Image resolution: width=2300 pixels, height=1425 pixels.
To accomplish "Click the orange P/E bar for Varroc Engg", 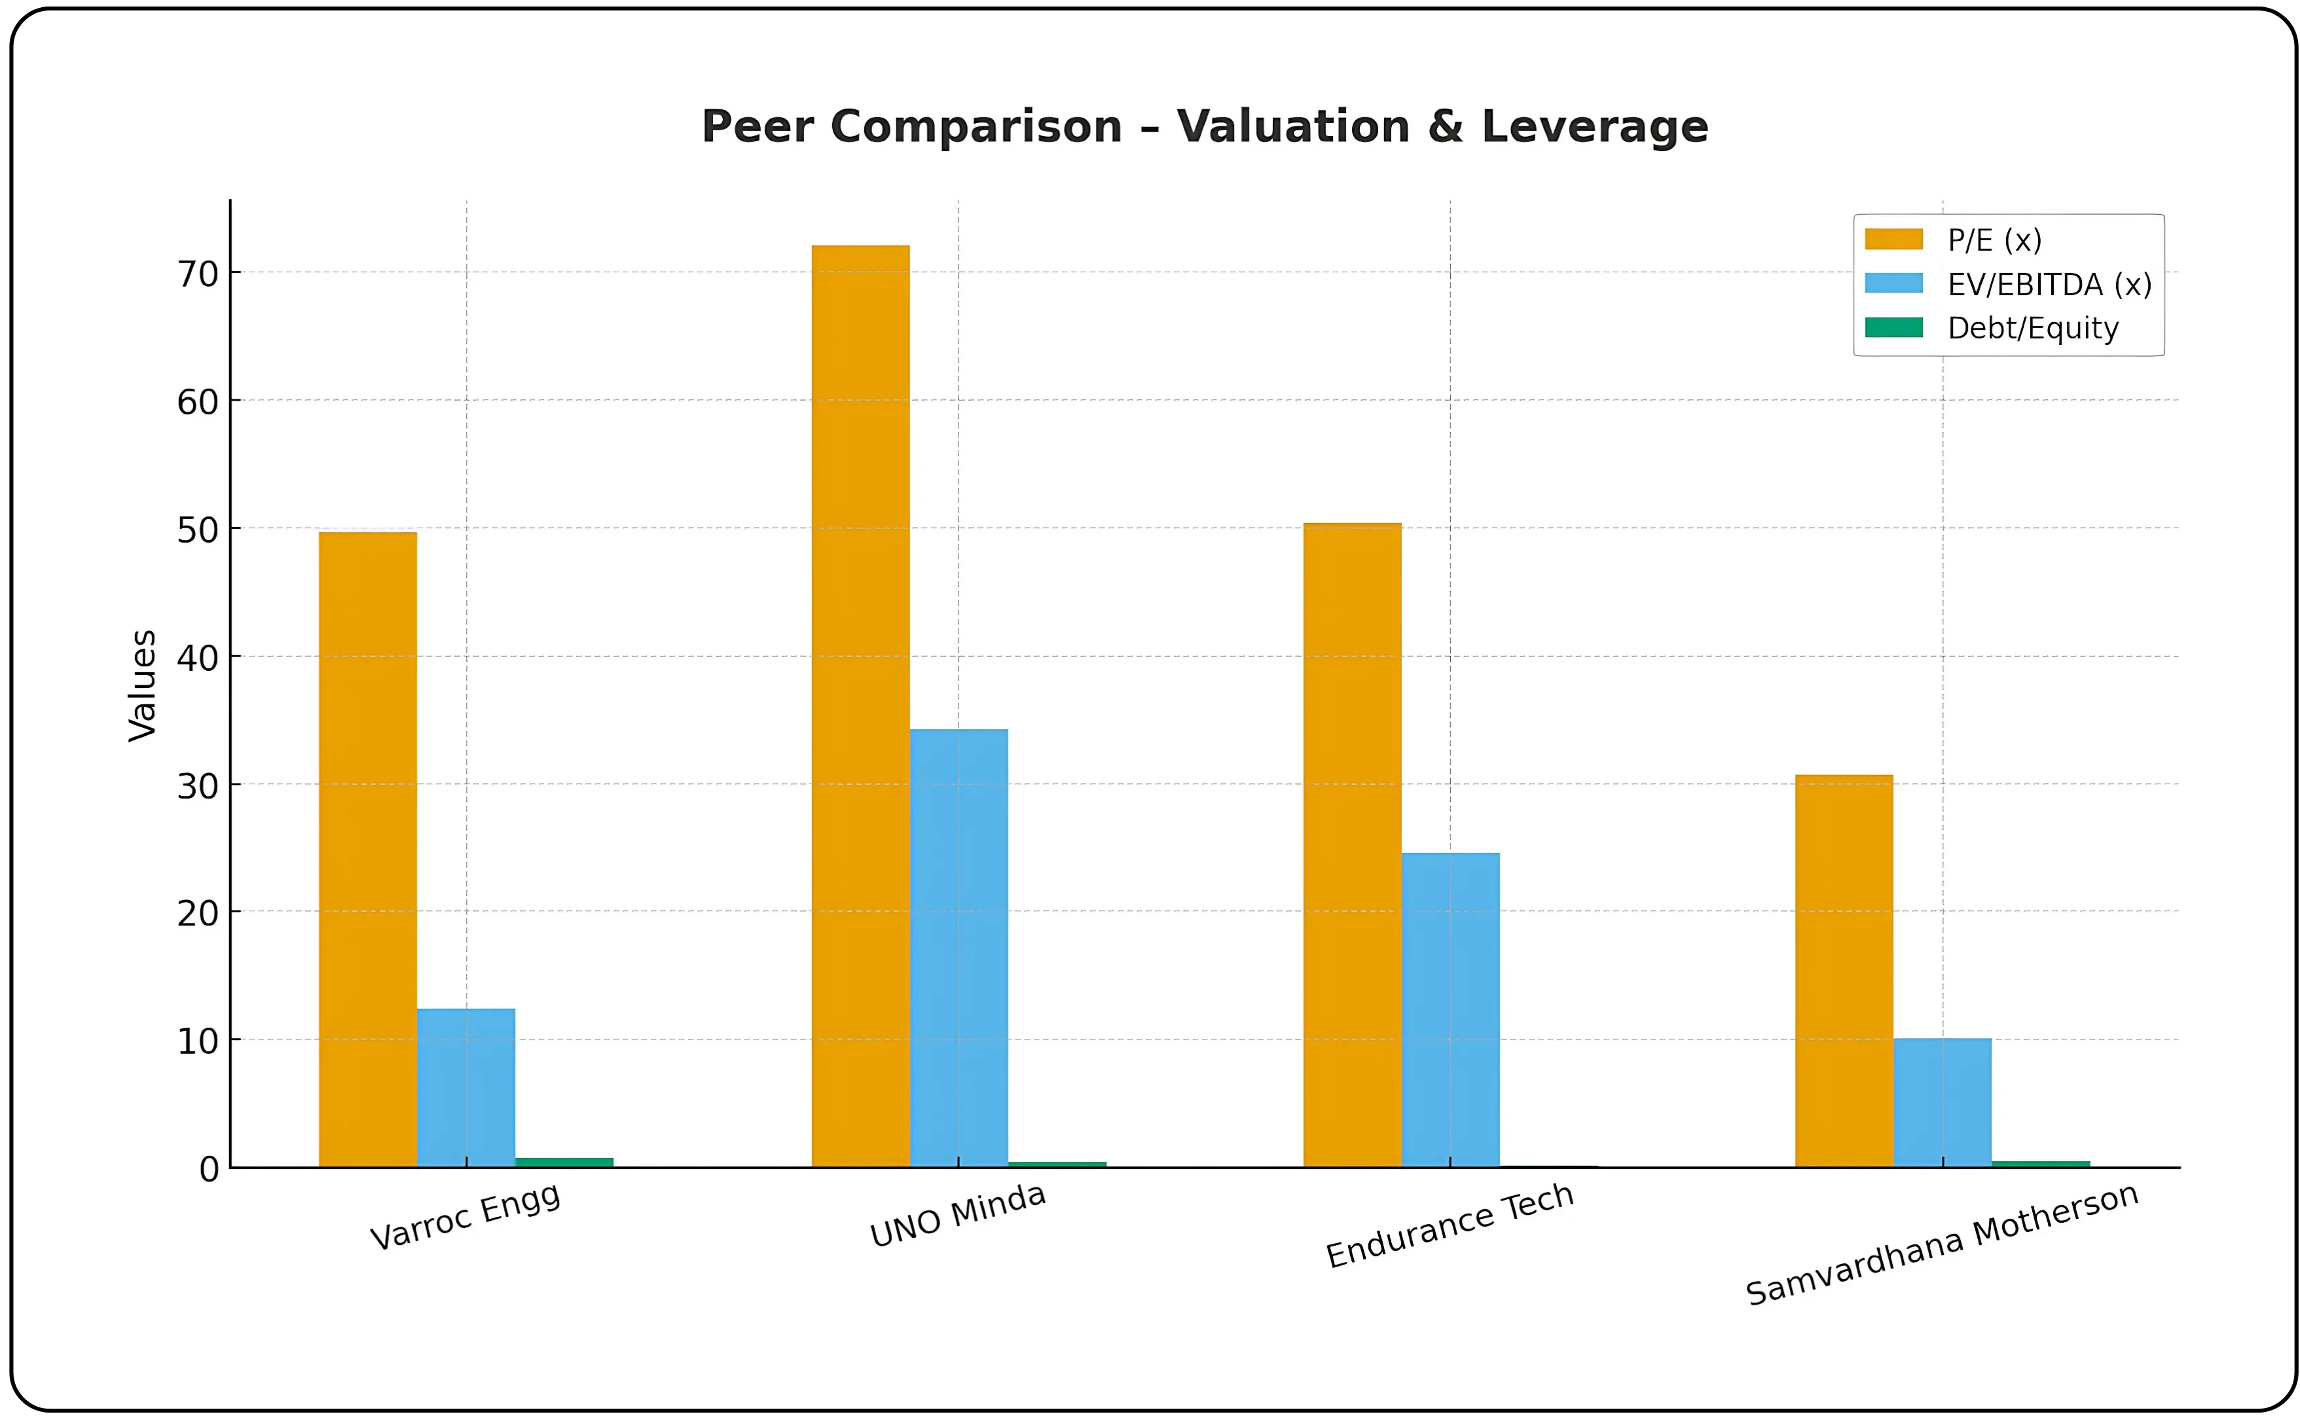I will [x=368, y=848].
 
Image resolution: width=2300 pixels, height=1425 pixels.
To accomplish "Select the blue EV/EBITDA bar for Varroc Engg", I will [x=465, y=1088].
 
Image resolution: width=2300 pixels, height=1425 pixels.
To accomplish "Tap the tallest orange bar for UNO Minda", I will [x=860, y=707].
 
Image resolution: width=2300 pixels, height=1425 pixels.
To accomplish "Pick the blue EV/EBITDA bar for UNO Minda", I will [x=958, y=947].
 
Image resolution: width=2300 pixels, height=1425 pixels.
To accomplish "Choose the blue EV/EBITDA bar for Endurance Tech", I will [x=1450, y=1009].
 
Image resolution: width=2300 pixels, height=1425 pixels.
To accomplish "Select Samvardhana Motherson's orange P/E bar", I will [x=1844, y=971].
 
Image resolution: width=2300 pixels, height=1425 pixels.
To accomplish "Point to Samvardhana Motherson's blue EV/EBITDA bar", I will [x=1942, y=1103].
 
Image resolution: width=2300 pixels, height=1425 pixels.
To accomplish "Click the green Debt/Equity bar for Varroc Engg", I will [x=564, y=1162].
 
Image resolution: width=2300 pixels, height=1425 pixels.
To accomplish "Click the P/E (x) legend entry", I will [x=1994, y=240].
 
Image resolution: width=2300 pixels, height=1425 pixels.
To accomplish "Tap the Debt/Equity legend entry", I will [x=2032, y=328].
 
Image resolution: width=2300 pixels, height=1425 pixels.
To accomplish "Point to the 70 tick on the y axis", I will [x=198, y=274].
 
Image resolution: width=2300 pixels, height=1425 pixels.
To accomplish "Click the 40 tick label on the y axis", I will [x=198, y=658].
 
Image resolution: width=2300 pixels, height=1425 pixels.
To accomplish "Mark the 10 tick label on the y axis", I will [x=198, y=1041].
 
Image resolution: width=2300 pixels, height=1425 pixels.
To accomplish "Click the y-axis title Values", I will [x=143, y=685].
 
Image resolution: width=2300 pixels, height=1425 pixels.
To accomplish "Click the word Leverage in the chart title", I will [x=1594, y=126].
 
